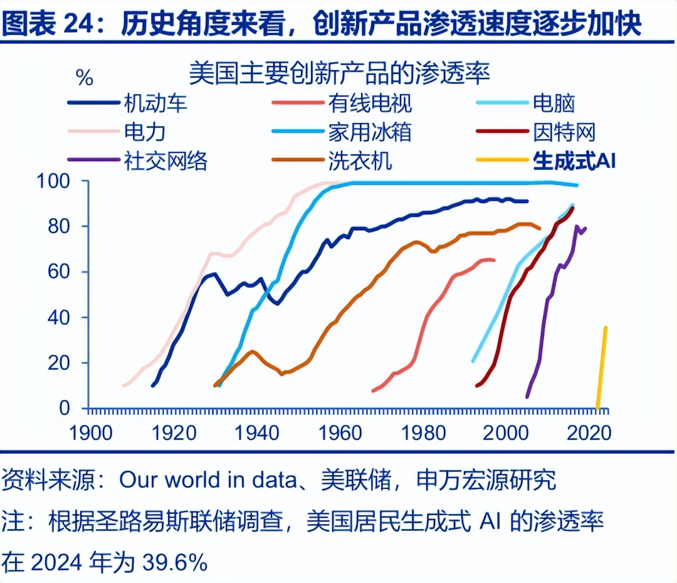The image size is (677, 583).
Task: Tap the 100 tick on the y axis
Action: tap(62, 181)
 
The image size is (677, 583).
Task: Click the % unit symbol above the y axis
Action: tap(84, 78)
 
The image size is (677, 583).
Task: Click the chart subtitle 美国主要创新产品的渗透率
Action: tap(339, 73)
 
